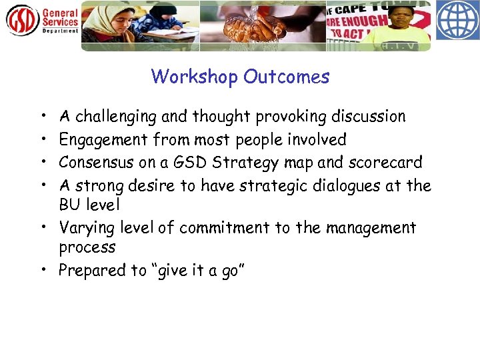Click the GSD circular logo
point(22,20)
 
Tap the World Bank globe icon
point(457,21)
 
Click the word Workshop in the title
point(194,77)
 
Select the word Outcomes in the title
point(286,77)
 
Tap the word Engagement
point(103,140)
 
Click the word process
point(87,248)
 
